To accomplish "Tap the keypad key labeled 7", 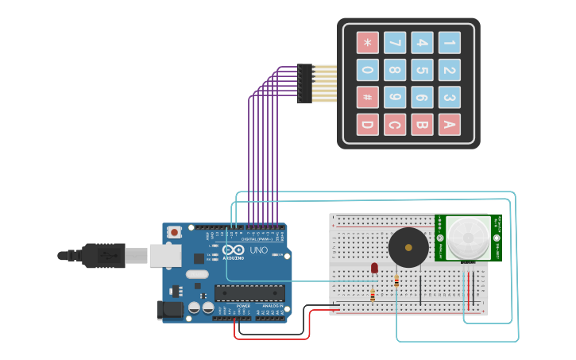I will (395, 42).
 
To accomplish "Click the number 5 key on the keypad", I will (422, 70).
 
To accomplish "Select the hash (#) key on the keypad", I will (367, 97).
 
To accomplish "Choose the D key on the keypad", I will (367, 124).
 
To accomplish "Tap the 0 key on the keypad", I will (367, 70).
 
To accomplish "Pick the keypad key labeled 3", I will (449, 97).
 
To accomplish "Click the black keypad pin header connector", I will (304, 83).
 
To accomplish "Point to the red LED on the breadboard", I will (375, 269).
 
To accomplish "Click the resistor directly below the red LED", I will (373, 295).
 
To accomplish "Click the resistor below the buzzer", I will (396, 281).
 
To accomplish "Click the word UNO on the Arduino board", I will (259, 250).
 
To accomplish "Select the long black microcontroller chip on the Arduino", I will (249, 292).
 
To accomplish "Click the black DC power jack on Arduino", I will (171, 309).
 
